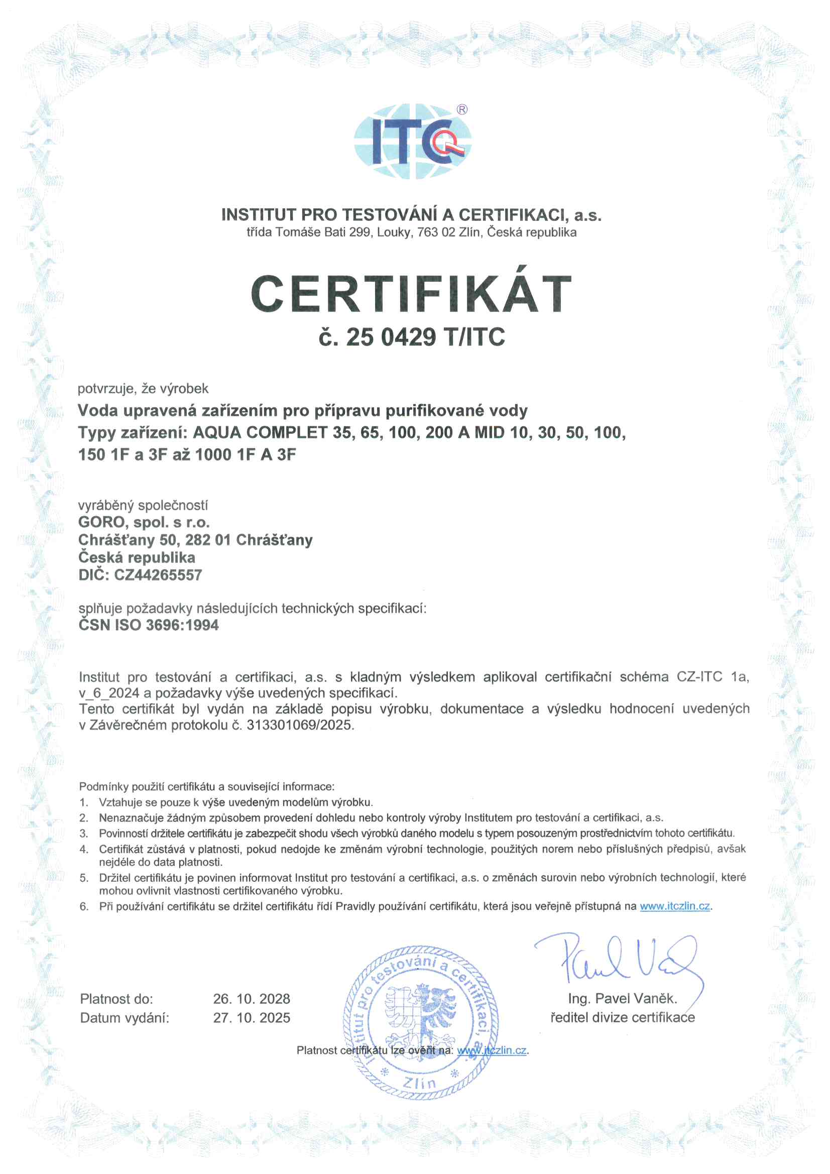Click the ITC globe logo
coord(412,142)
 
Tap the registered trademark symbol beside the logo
coord(462,109)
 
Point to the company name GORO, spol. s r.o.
coord(144,522)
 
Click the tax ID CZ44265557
coord(158,575)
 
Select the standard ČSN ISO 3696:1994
coord(148,625)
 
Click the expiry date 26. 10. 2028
coord(252,999)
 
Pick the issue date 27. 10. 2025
coord(252,1017)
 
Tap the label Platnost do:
coord(116,999)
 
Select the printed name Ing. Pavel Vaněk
coord(622,998)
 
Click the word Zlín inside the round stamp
coord(419,1083)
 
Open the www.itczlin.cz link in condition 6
coord(674,906)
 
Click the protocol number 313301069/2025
coord(299,725)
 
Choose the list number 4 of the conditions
coord(84,849)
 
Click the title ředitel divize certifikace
coord(622,1017)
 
